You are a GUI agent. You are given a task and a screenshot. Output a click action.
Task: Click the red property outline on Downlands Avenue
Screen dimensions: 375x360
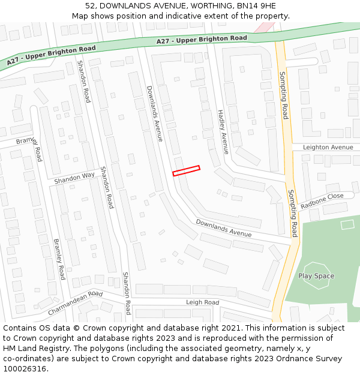(x=186, y=171)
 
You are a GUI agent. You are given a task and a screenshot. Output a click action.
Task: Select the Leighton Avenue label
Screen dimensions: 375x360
(x=328, y=147)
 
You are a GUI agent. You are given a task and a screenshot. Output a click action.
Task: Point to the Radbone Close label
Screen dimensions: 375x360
(x=322, y=200)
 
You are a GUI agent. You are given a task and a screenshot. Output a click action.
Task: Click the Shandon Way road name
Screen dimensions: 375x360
(x=74, y=178)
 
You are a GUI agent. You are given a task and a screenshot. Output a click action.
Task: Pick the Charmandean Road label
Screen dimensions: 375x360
(x=75, y=303)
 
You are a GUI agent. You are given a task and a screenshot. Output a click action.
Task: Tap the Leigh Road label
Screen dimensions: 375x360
(x=202, y=302)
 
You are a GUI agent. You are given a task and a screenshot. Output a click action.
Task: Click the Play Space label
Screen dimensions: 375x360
(x=316, y=276)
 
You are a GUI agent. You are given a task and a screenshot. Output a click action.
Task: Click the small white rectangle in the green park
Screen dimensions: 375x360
(x=347, y=224)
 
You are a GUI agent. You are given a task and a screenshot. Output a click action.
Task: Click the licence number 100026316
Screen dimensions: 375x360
(x=24, y=368)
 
